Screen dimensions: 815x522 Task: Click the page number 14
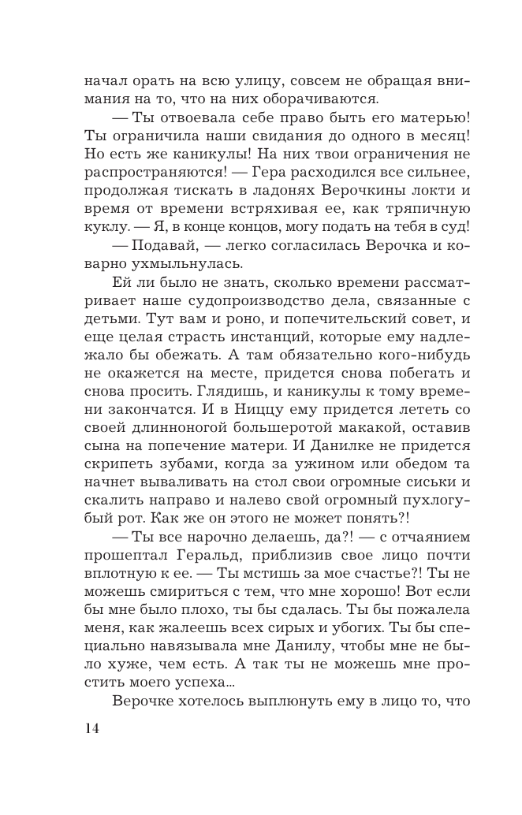tap(91, 728)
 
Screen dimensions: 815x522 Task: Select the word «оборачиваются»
tap(323, 99)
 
